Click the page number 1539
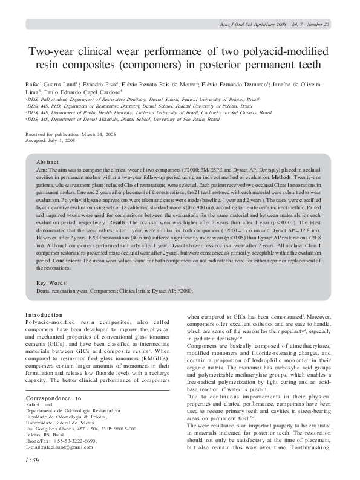(33, 461)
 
